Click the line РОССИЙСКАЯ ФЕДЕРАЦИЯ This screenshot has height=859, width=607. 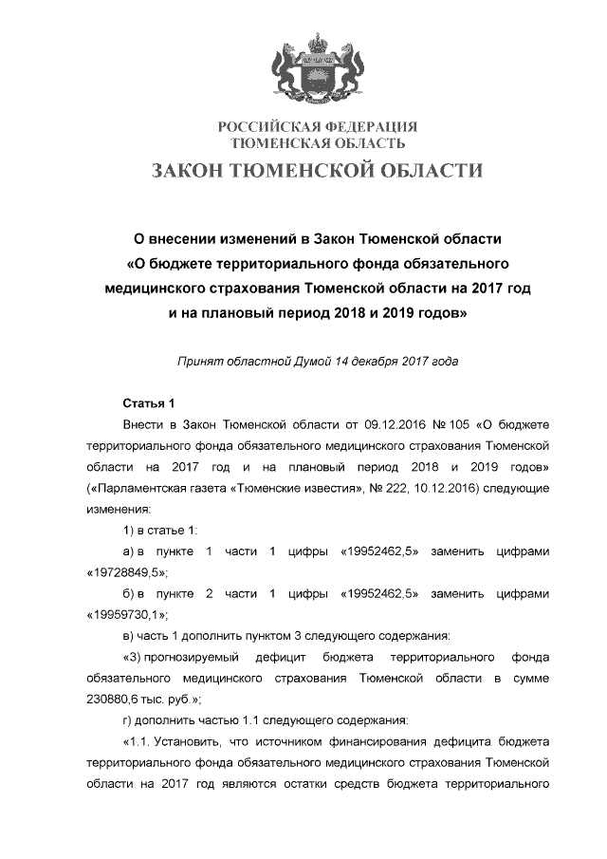pyautogui.click(x=319, y=127)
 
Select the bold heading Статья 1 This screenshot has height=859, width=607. pyautogui.click(x=149, y=402)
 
